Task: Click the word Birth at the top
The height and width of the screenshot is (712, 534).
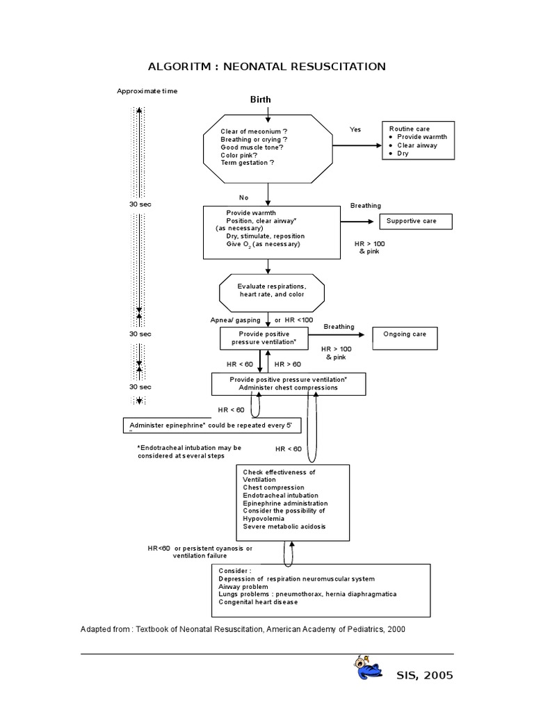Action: click(x=261, y=99)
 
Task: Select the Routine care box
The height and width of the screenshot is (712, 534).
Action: click(x=418, y=140)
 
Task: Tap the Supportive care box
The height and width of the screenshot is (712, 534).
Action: click(x=415, y=222)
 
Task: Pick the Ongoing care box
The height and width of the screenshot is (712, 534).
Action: click(x=405, y=334)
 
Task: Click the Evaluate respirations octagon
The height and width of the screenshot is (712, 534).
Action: click(x=271, y=291)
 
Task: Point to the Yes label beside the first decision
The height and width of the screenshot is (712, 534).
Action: click(x=355, y=129)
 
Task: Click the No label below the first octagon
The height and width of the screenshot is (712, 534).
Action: click(x=243, y=197)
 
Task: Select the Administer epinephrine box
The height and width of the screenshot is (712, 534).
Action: click(x=207, y=425)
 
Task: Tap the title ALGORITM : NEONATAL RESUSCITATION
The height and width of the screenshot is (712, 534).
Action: click(x=267, y=67)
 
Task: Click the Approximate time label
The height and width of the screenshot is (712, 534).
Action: click(x=147, y=91)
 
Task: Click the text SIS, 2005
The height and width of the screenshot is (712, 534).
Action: click(x=423, y=674)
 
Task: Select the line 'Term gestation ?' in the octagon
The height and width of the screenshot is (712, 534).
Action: click(x=248, y=163)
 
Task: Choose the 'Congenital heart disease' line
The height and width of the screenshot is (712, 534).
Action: click(x=258, y=602)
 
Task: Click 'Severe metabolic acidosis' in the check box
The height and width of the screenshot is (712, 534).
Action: click(x=284, y=526)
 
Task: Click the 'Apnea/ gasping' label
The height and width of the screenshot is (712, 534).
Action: click(x=235, y=320)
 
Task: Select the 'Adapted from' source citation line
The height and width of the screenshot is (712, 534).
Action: click(x=243, y=629)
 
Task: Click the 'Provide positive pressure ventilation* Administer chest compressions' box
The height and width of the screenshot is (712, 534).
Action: click(x=289, y=384)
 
